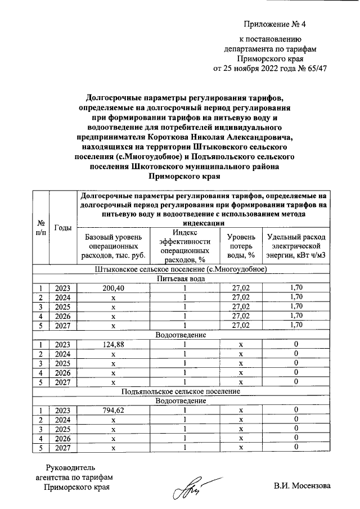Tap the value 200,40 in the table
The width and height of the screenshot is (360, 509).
pyautogui.click(x=114, y=287)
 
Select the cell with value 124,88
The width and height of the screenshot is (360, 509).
pyautogui.click(x=114, y=344)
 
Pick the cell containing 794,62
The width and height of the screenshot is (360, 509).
pyautogui.click(x=114, y=410)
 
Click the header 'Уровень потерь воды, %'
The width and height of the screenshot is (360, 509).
pyautogui.click(x=240, y=247)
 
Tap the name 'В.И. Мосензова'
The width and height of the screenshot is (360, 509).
pyautogui.click(x=303, y=486)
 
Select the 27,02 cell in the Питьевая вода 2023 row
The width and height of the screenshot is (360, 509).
pyautogui.click(x=240, y=287)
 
